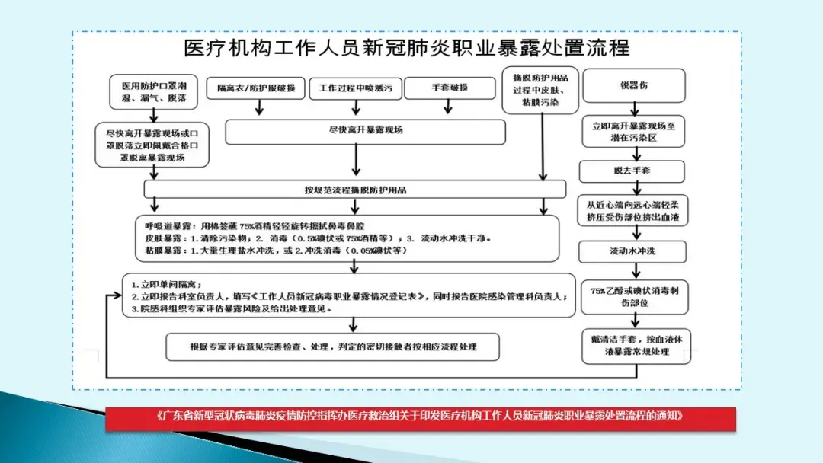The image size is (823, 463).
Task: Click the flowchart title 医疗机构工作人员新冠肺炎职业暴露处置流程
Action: coord(407,49)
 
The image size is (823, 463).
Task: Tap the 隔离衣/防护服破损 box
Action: coord(260,87)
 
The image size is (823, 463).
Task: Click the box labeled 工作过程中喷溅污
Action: coord(355,88)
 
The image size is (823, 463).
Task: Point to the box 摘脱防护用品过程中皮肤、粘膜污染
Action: coord(540,89)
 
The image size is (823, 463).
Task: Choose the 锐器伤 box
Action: coord(633,85)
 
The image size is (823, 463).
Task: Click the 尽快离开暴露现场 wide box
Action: coord(365,131)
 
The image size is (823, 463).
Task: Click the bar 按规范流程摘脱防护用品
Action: coord(355,189)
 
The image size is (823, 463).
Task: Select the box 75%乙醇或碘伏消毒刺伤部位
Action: coord(634,296)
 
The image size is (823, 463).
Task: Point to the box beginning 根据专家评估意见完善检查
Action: coord(333,346)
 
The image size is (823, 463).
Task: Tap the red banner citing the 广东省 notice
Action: coord(421,418)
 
